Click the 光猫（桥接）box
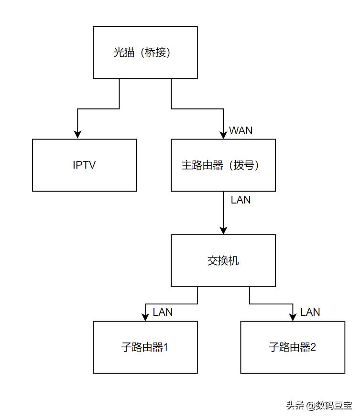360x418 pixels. tap(145, 53)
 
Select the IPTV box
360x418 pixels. tap(85, 165)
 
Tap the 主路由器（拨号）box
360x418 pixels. tap(223, 165)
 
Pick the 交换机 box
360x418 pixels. tap(223, 260)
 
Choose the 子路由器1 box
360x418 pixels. tap(145, 347)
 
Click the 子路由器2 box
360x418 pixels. tap(293, 347)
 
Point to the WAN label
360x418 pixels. tap(240, 130)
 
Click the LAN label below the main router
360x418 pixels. tap(240, 200)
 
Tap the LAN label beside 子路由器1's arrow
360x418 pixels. tap(163, 312)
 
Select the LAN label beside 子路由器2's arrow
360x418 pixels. tap(310, 312)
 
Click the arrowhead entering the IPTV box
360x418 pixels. tap(76, 135)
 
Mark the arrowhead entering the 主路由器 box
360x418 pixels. tap(223, 135)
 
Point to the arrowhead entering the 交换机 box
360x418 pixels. tap(223, 230)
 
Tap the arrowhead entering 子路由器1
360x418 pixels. tap(145, 317)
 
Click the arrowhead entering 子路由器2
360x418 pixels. tap(293, 317)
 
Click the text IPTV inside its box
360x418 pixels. tap(85, 165)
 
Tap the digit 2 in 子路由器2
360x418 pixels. tap(313, 347)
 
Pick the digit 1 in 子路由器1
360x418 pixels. tap(165, 347)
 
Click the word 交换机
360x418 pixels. tap(223, 261)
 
